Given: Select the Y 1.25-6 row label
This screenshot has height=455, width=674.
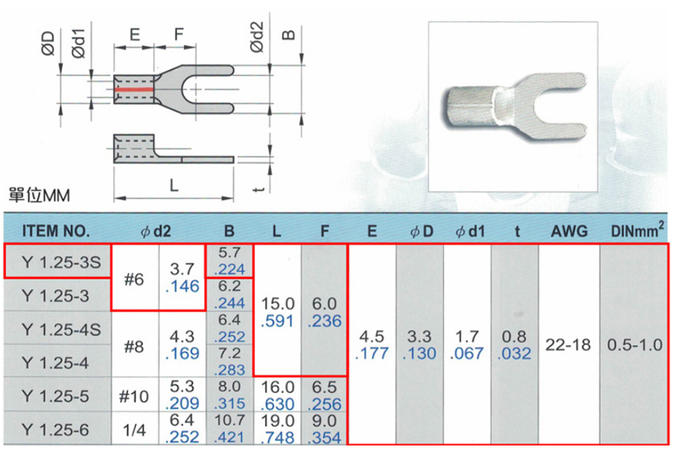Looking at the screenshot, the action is point(55,430).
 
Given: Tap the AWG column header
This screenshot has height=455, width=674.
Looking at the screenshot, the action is point(569,231).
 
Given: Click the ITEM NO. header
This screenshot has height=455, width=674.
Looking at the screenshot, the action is point(56,231).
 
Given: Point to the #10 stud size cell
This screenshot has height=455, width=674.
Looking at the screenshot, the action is point(134,396).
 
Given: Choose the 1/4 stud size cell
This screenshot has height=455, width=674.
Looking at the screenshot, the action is point(134,430).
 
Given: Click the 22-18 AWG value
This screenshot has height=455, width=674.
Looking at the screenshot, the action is point(569,344).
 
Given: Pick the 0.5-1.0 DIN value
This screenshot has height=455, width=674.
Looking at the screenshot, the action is point(634,344).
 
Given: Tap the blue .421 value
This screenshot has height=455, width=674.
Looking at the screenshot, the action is point(229,437).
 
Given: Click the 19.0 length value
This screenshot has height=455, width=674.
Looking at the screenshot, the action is point(277,421).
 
